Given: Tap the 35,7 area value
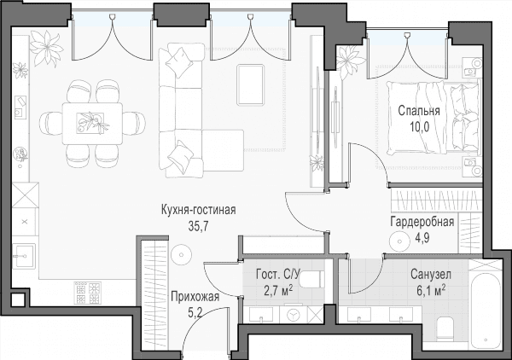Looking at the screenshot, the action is pos(198,226).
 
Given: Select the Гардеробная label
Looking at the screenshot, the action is pos(422,222).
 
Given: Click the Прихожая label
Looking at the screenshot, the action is pos(195,297).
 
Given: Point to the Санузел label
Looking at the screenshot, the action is pos(431,275).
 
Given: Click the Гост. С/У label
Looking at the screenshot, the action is pos(277,275).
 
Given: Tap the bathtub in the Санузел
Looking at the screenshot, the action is pos(486,309).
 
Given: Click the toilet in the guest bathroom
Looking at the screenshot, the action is pos(311,280).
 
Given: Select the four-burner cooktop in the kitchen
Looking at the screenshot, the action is pos(88,293).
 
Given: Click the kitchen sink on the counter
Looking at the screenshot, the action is pos(24,256).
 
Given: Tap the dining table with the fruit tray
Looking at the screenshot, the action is pos(93,124).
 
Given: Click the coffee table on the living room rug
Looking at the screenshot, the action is pos(250,84).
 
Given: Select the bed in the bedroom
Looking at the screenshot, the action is pos(433,117).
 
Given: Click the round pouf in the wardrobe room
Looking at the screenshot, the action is pos(399,241).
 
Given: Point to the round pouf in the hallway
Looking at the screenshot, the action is pos(181,255).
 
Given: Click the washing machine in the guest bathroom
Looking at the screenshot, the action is pos(294,315).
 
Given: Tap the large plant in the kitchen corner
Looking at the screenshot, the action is pos(46,47).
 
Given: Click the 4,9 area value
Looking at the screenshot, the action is pos(422,238).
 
